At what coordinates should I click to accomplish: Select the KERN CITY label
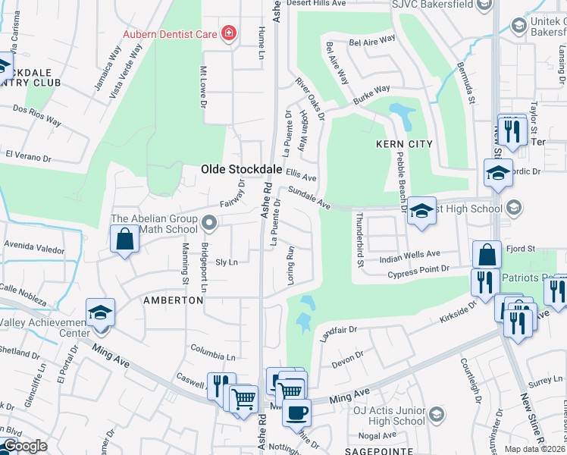pos(405,144)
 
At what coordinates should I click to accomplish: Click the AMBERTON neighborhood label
pos(174,300)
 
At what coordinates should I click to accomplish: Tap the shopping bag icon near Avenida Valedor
pos(124,240)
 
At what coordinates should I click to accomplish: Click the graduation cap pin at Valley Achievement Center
pos(100,313)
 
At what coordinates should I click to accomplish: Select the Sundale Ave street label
pos(309,199)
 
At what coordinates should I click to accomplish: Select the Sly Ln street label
pos(227,262)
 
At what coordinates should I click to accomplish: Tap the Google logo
pos(25,446)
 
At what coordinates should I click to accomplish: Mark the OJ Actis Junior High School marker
pos(436,415)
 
